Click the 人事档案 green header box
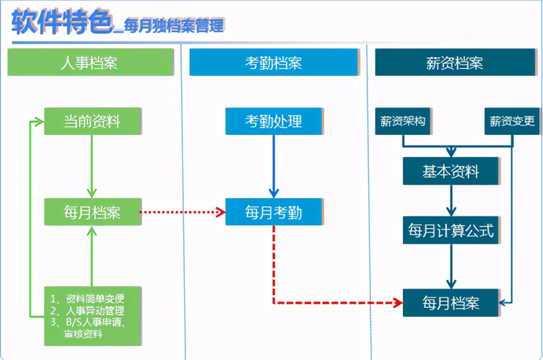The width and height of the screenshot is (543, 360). point(90,63)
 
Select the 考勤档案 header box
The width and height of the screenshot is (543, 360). point(274,63)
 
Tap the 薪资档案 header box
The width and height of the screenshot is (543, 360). point(455,63)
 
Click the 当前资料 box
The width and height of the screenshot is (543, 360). point(92,121)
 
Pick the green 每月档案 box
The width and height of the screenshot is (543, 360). point(92,212)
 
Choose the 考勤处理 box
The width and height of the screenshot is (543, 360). point(274,121)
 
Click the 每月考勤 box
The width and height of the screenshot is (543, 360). point(274,212)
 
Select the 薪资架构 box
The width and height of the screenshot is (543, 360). point(403,121)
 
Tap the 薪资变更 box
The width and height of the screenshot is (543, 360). point(512,121)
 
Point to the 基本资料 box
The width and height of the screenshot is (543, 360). point(451,171)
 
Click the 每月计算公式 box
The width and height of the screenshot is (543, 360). point(451,230)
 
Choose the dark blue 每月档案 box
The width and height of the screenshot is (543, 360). point(451,303)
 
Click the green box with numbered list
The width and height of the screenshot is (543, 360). point(92,316)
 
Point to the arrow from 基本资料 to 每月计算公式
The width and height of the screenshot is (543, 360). point(451,200)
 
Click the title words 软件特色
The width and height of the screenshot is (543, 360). point(62,22)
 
